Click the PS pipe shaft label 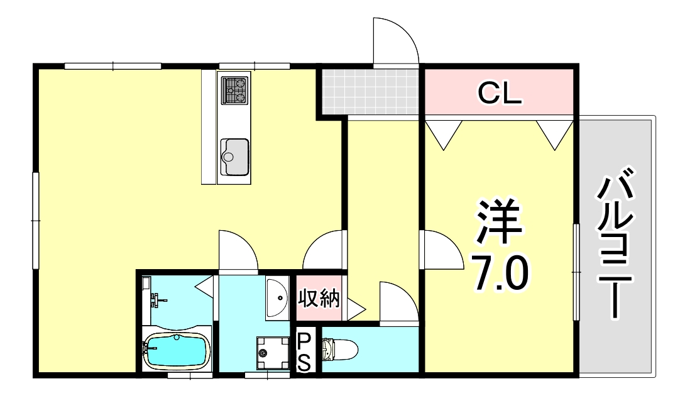tap(304, 351)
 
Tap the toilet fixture tap(339, 348)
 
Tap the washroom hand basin tap(277, 298)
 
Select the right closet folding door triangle tap(555, 134)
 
